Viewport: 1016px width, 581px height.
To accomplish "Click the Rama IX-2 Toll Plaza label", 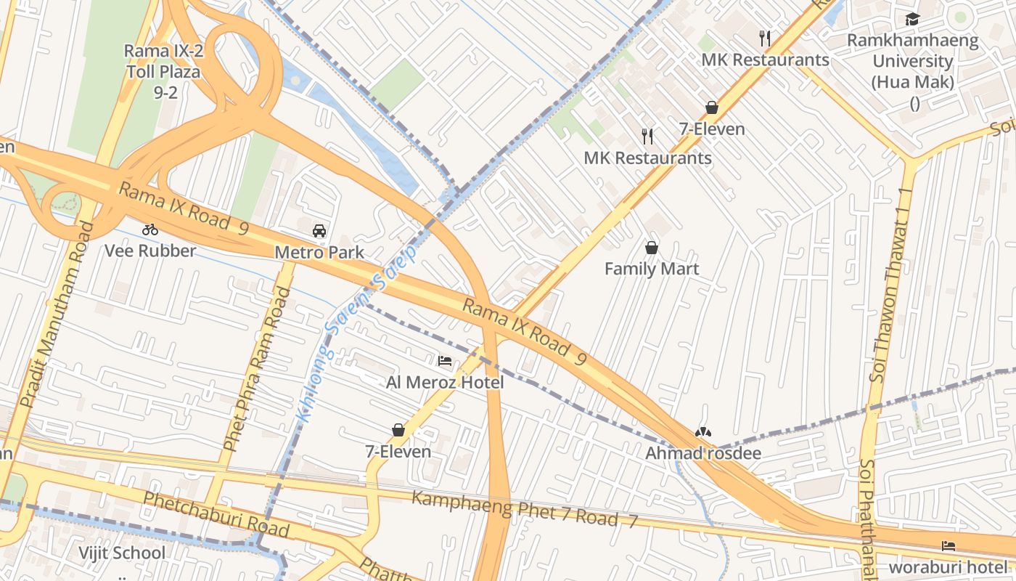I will tap(162, 71).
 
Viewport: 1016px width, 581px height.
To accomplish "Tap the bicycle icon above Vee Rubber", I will tap(150, 229).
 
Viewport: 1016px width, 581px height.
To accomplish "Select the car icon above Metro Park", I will tap(319, 231).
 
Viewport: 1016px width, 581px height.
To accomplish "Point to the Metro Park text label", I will tap(319, 252).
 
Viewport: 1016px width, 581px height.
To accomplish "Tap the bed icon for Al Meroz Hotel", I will tap(445, 360).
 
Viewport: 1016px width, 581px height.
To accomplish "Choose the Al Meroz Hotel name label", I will tap(445, 382).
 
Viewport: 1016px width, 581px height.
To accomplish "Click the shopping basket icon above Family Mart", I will tap(652, 248).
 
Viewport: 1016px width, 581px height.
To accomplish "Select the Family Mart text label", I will tap(652, 269).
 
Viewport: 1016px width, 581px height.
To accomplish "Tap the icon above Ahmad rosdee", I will tap(702, 433).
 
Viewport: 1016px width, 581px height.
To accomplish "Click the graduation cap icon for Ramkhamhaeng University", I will tap(912, 20).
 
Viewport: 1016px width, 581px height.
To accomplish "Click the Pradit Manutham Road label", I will tap(57, 314).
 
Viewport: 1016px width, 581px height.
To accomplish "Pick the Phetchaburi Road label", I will tap(216, 514).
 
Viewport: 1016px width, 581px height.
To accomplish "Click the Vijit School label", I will tap(122, 553).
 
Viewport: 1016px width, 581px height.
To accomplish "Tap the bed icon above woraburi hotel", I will tap(949, 546).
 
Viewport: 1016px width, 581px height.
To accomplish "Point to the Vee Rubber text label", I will tap(150, 251).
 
